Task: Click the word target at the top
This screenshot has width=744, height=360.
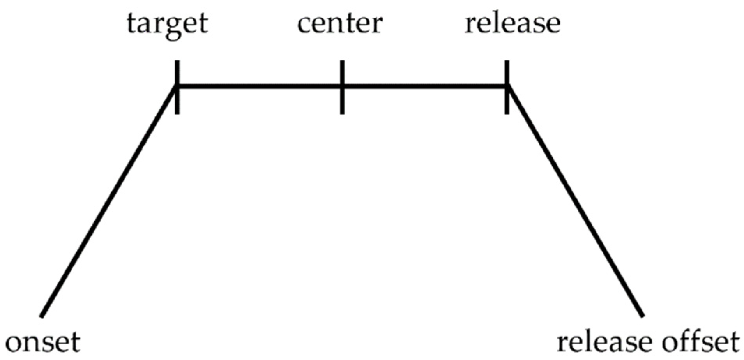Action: pyautogui.click(x=168, y=24)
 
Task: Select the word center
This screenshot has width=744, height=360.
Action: pyautogui.click(x=339, y=24)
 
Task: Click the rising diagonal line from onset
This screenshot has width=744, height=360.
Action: pyautogui.click(x=109, y=201)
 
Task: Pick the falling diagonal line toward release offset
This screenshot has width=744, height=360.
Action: pyautogui.click(x=575, y=201)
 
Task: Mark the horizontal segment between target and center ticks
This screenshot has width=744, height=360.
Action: pyautogui.click(x=260, y=86)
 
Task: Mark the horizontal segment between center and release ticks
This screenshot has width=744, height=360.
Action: pyautogui.click(x=424, y=86)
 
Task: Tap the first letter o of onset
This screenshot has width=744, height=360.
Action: pyautogui.click(x=15, y=344)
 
